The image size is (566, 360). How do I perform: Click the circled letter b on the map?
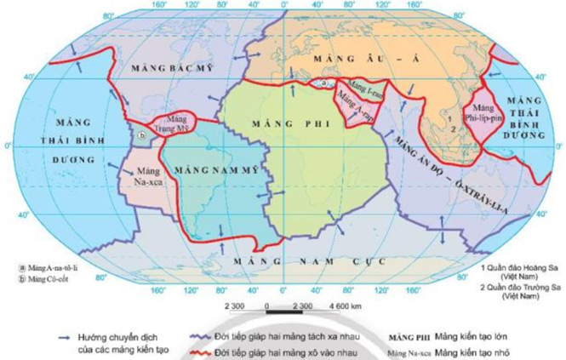click(143, 134)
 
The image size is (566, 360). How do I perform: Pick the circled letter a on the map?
click(323, 82)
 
